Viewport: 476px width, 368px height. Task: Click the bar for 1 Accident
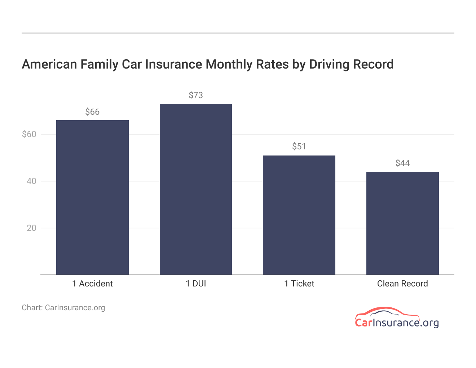[x=92, y=197]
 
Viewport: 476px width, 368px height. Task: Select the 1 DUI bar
[x=196, y=189]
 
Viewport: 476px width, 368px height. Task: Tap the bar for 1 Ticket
[x=299, y=215]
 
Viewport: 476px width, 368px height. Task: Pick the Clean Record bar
[x=402, y=223]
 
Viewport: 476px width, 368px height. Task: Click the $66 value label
[x=92, y=112]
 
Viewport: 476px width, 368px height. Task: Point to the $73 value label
[x=196, y=95]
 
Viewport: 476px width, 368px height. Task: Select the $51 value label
[x=299, y=146]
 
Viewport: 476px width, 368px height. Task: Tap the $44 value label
[x=402, y=163]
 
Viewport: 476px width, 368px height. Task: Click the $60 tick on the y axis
[x=29, y=134]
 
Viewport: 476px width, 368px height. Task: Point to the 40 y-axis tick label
[x=32, y=181]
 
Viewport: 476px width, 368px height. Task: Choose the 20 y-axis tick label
[x=32, y=228]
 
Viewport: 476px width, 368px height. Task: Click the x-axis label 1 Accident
[x=92, y=284]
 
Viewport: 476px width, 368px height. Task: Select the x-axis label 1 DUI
[x=196, y=284]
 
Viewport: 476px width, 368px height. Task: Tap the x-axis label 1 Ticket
[x=299, y=284]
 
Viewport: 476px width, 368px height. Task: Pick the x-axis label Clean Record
[x=402, y=284]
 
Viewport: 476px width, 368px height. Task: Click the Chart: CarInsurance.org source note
[x=63, y=308]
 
